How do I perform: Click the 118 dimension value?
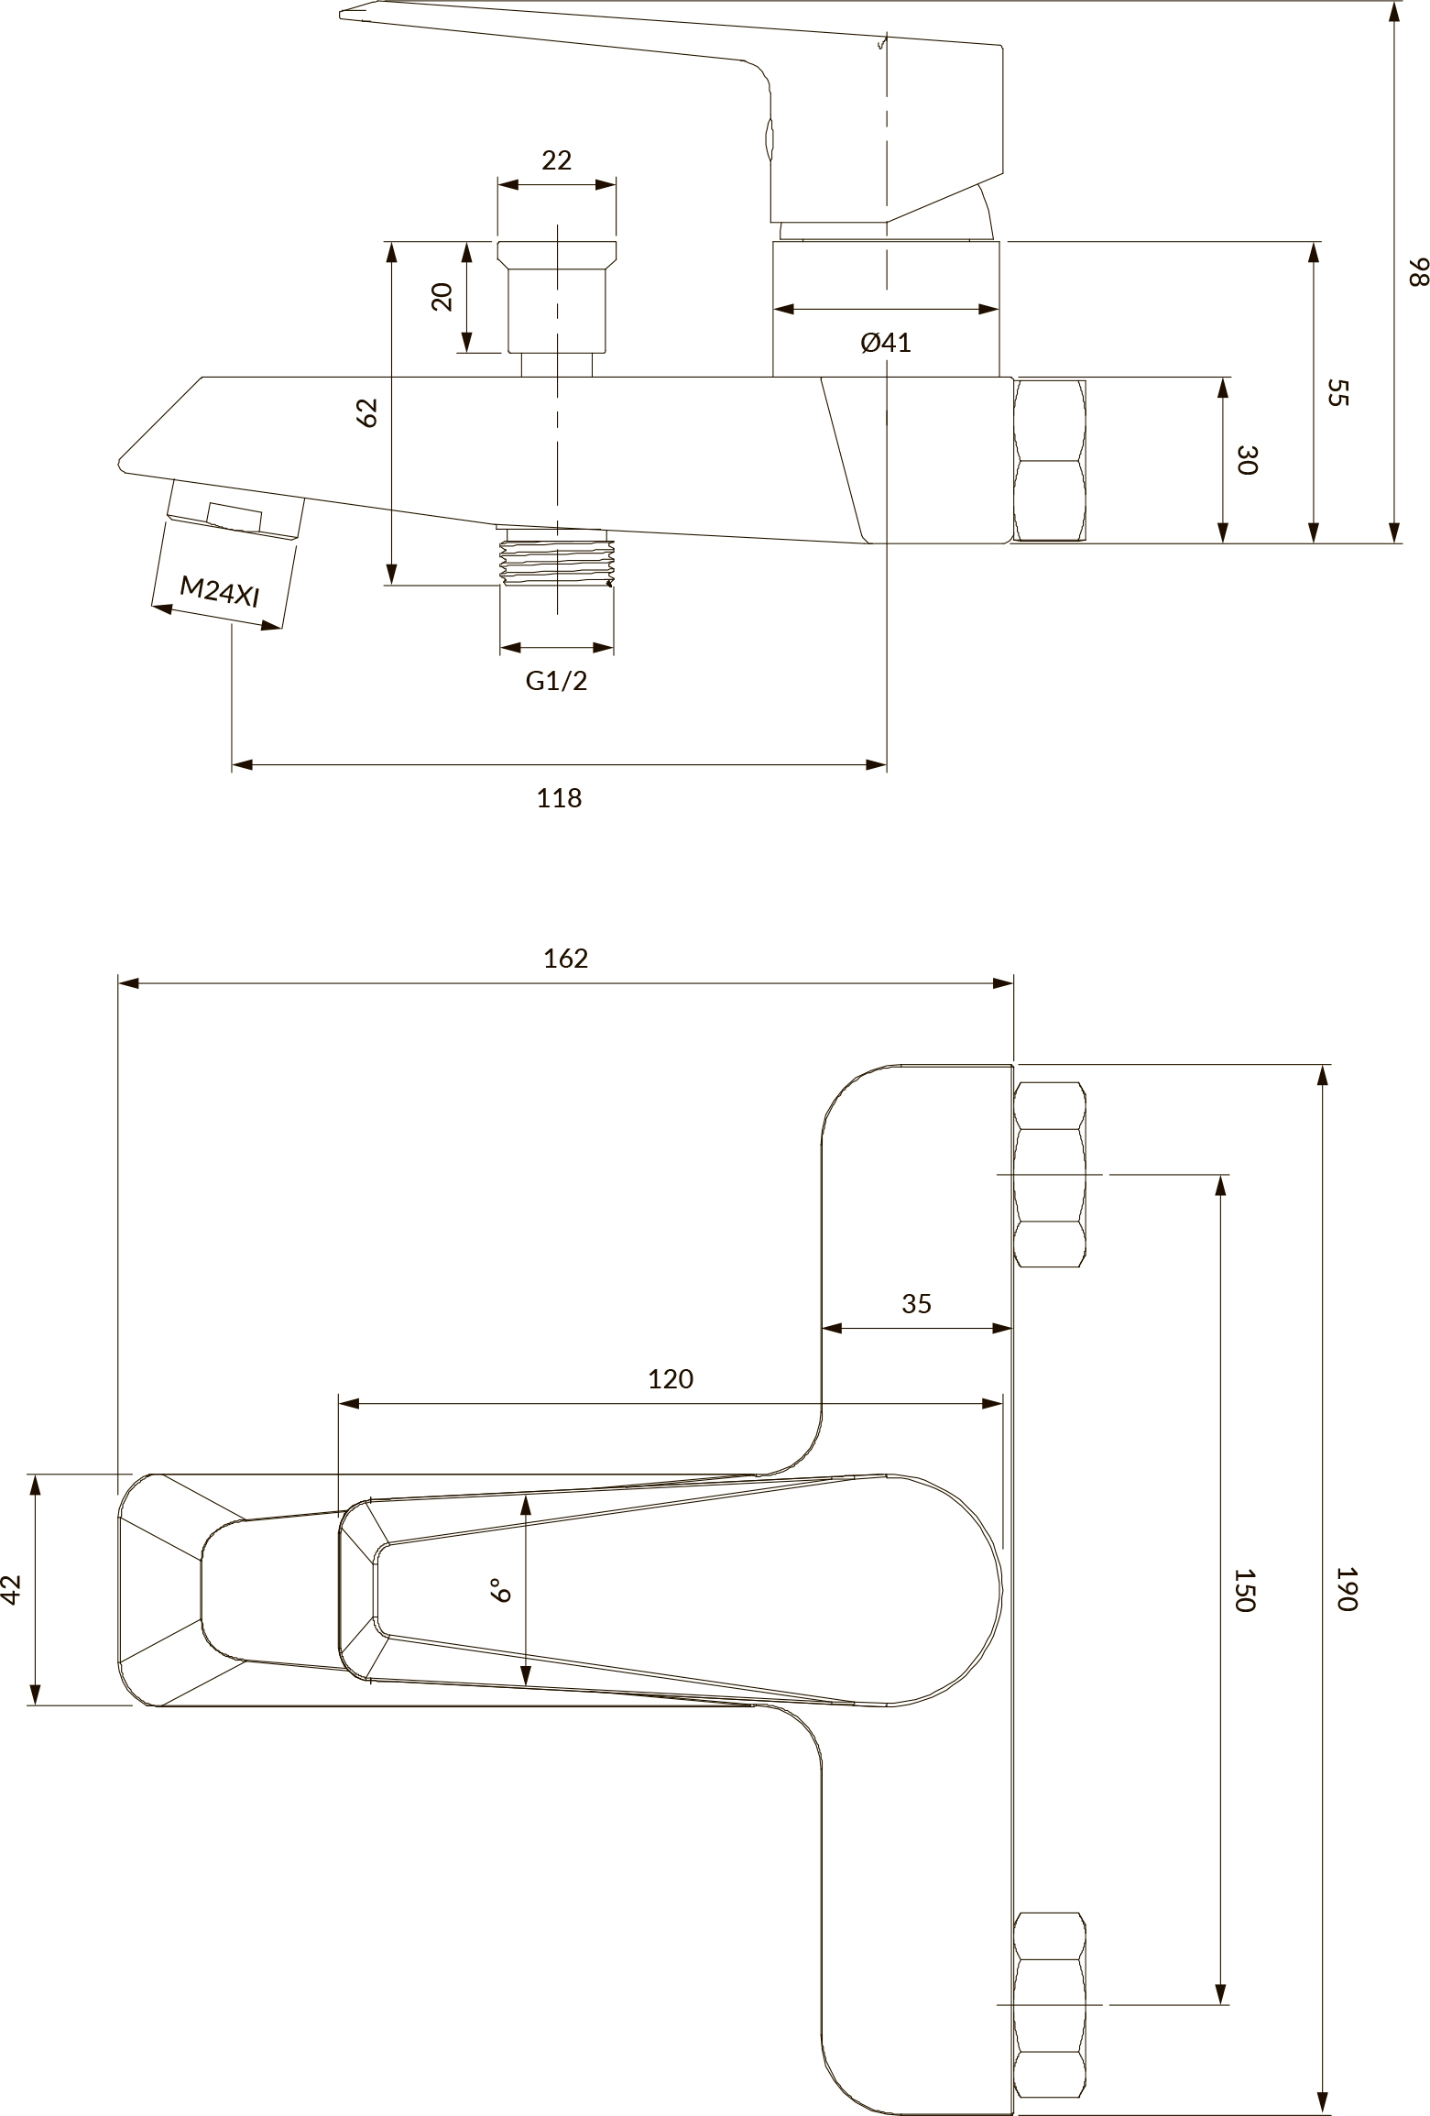click(559, 798)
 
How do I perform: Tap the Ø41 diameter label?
click(886, 343)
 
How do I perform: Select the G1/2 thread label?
click(556, 680)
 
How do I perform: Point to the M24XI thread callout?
click(220, 590)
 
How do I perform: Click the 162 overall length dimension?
click(565, 958)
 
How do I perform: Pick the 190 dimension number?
click(1345, 1588)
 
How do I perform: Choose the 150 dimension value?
click(1244, 1590)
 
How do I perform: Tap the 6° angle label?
click(500, 1589)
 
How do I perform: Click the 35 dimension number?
click(916, 1303)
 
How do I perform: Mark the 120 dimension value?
click(671, 1378)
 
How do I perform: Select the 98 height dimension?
click(1418, 272)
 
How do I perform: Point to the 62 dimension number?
click(366, 412)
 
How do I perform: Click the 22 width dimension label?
click(556, 160)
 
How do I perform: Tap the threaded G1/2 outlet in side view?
click(557, 557)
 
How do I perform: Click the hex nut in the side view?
click(1050, 460)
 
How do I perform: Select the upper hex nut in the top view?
click(1050, 1175)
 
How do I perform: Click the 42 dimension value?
click(11, 1589)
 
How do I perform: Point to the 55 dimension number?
click(1338, 393)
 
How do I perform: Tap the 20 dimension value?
click(442, 297)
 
